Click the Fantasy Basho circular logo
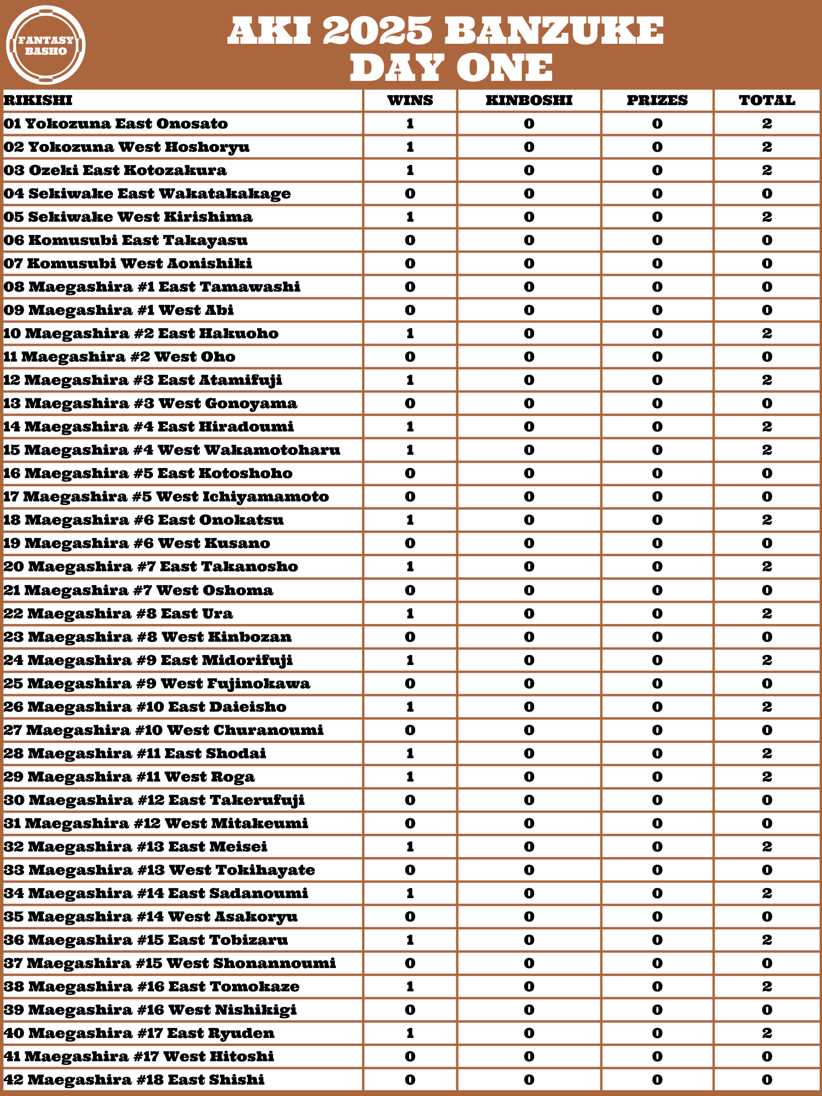46,45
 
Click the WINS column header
410,100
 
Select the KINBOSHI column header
528,100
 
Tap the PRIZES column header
657,100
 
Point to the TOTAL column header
766,100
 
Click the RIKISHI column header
38,100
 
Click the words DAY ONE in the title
451,68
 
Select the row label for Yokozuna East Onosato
116,124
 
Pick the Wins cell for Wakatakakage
410,194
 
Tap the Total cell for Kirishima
766,217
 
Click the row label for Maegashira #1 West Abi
119,310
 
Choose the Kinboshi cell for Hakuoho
528,333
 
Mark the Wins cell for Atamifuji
410,380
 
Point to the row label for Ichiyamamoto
166,497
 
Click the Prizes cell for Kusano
657,543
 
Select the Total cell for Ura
766,613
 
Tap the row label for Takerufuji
155,800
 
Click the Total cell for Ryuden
766,1033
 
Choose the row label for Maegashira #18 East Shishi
134,1080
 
